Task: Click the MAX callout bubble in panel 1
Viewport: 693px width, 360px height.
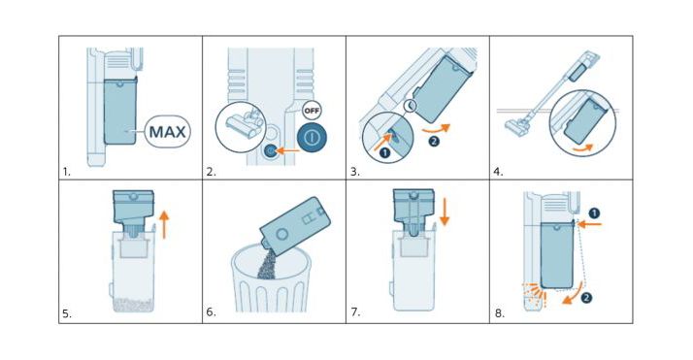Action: tap(168, 131)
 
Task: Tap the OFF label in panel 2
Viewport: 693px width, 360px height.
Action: tap(312, 111)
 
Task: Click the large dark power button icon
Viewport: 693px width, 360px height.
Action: tap(312, 138)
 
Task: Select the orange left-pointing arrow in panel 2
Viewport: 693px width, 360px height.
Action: tap(287, 150)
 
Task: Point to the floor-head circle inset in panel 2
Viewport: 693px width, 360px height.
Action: tap(241, 127)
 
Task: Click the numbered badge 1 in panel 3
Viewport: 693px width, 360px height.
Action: tap(385, 153)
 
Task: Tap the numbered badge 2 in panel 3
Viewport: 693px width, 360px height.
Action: tap(434, 142)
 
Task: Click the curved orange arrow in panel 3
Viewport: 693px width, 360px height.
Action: tap(436, 128)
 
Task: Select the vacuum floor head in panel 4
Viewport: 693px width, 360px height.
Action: tap(515, 126)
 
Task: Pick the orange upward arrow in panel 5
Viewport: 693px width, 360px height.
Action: tap(164, 224)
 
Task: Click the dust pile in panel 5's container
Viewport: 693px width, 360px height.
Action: tap(132, 305)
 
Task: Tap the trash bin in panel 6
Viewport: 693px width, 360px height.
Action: tap(271, 278)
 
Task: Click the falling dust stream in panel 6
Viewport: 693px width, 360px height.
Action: tap(267, 264)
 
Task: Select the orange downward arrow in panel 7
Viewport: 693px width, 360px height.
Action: tap(445, 212)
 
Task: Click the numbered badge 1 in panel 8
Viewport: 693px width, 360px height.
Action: tap(595, 213)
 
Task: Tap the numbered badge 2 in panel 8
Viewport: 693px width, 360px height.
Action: tap(586, 298)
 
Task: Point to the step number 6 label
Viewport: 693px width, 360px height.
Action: tap(211, 311)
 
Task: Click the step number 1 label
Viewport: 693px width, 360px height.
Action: tap(66, 172)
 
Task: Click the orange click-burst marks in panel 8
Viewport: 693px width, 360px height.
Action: tap(535, 294)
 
